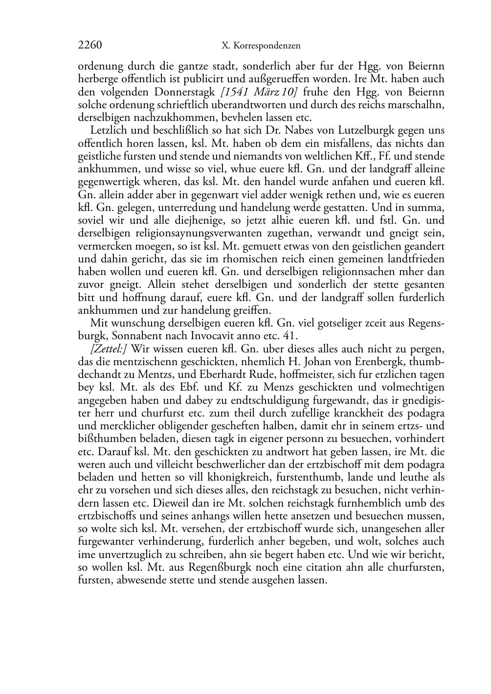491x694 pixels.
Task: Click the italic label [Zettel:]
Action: pos(109,349)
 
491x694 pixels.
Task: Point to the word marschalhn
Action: pos(419,105)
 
